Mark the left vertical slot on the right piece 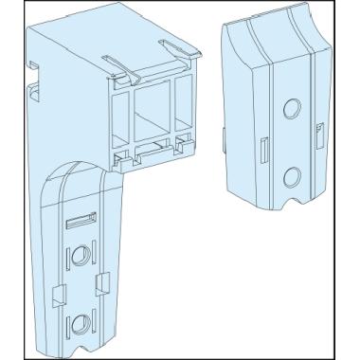(x=261, y=151)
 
